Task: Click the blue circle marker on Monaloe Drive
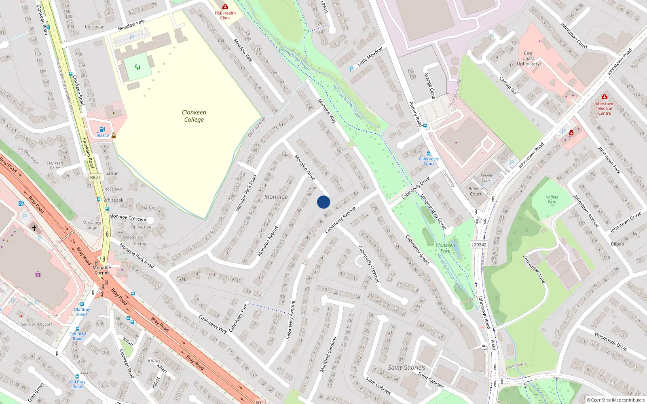[x=323, y=202]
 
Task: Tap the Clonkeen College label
[x=194, y=116]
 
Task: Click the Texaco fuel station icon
[x=102, y=129]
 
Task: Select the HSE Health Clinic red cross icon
[x=225, y=6]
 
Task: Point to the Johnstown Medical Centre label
[x=604, y=108]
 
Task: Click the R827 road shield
[x=95, y=177]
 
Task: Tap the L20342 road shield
[x=479, y=244]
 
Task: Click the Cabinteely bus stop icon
[x=429, y=154]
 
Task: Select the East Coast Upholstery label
[x=528, y=59]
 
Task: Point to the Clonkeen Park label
[x=445, y=248]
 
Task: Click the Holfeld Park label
[x=552, y=200]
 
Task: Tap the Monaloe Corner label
[x=101, y=270]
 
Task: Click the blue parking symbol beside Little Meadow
[x=351, y=69]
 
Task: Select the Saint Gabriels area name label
[x=406, y=367]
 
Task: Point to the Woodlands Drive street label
[x=611, y=341]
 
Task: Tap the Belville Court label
[x=476, y=191]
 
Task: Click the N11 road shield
[x=260, y=402]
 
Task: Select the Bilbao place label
[x=617, y=244]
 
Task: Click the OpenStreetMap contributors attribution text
[x=615, y=400]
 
